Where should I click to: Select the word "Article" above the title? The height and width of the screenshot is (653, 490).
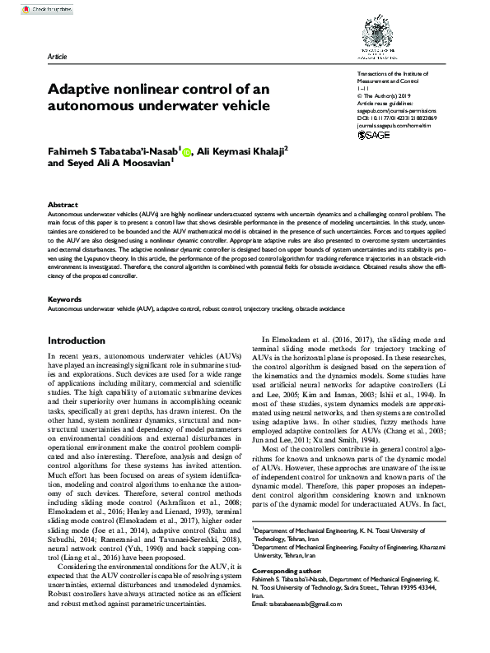coord(57,57)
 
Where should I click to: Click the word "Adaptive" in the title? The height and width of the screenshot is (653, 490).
coord(78,89)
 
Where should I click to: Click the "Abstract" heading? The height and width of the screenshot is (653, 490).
coord(63,204)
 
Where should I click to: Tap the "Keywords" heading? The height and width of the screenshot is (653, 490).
coord(65,299)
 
